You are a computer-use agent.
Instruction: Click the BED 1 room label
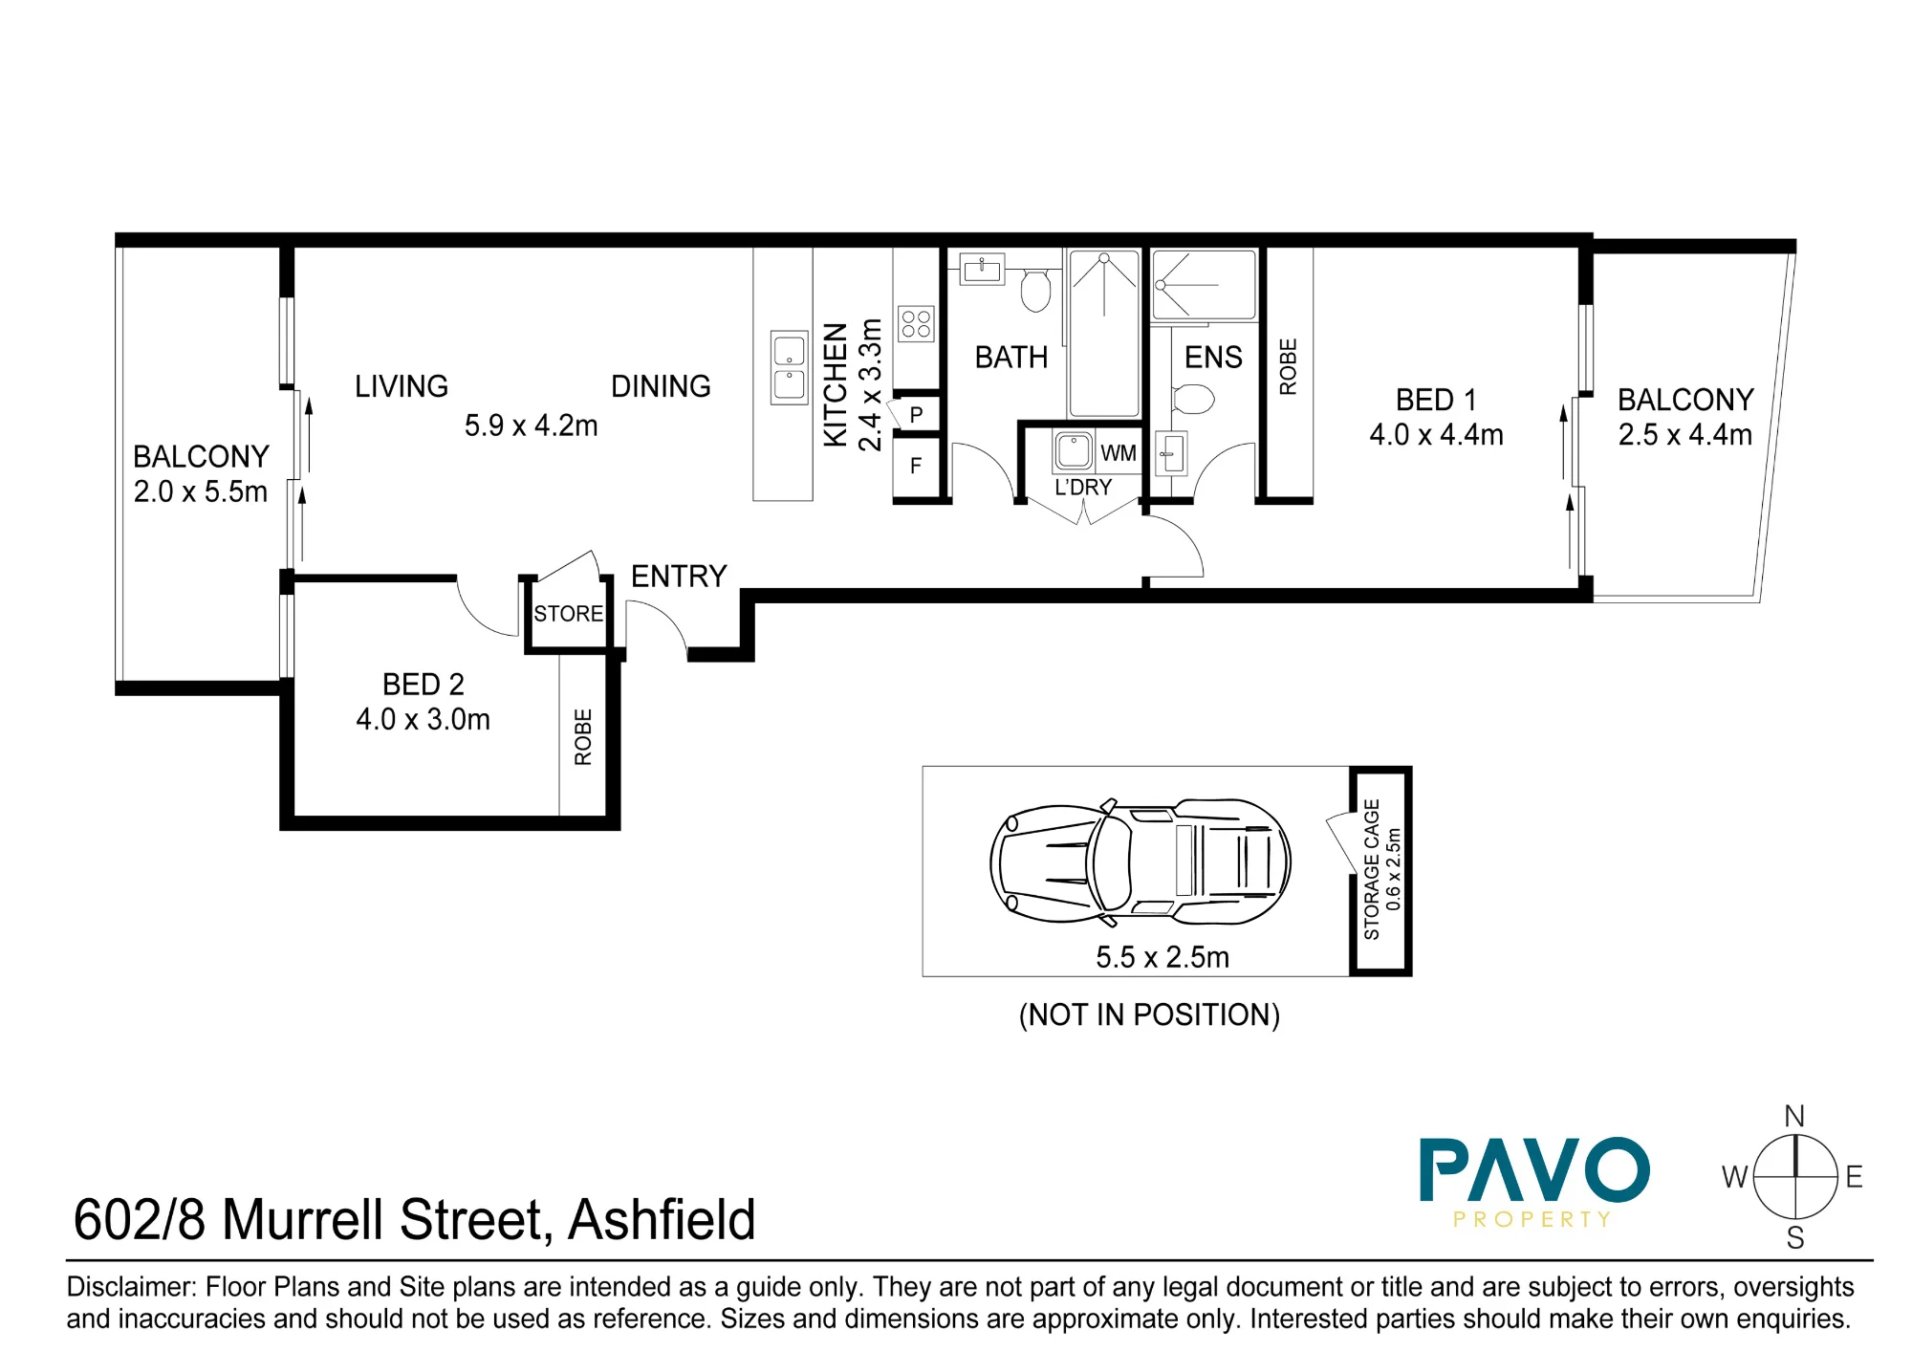[x=1436, y=400]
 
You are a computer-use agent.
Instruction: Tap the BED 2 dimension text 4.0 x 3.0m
[x=423, y=719]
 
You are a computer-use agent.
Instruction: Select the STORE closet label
[x=568, y=614]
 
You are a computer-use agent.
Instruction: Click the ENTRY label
[x=679, y=576]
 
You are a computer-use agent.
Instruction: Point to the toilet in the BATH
[x=1035, y=290]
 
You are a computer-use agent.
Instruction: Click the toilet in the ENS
[x=1192, y=398]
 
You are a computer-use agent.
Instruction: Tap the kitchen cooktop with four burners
[x=916, y=324]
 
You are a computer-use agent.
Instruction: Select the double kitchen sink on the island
[x=790, y=368]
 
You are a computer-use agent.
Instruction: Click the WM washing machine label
[x=1119, y=453]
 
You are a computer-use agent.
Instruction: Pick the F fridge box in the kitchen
[x=917, y=467]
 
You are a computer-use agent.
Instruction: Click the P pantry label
[x=916, y=415]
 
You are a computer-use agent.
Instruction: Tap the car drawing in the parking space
[x=1140, y=862]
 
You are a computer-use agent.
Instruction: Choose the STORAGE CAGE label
[x=1372, y=870]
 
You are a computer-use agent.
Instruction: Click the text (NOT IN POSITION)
[x=1149, y=1014]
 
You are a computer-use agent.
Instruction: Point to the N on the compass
[x=1794, y=1116]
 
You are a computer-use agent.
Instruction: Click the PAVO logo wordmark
[x=1534, y=1168]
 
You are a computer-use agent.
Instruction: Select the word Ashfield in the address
[x=662, y=1220]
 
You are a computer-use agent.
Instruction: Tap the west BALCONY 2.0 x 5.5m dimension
[x=201, y=491]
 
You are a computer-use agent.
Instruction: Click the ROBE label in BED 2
[x=583, y=737]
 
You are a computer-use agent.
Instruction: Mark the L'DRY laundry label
[x=1083, y=488]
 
